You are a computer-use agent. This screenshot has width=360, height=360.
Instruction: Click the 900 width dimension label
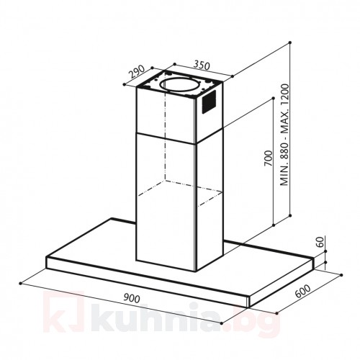coord(132,299)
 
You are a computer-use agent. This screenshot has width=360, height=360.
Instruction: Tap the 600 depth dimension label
coord(302,291)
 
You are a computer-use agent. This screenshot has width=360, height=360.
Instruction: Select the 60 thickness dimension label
coord(320,242)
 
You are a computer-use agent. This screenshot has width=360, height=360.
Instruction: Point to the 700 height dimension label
coord(269,158)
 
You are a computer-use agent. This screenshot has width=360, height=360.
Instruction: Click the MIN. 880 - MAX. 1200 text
coord(285,135)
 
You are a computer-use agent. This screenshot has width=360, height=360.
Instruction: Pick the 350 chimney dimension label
coord(202,66)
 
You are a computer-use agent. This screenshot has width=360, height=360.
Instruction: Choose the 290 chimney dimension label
coord(137,72)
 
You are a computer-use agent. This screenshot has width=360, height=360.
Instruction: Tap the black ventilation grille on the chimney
coord(209,102)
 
